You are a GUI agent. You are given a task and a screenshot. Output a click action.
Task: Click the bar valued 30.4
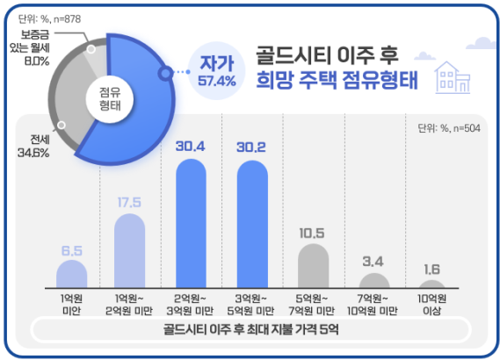click(x=191, y=223)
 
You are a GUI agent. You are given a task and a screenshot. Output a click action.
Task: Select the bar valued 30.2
click(x=252, y=223)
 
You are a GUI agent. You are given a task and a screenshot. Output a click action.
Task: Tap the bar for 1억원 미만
click(x=72, y=274)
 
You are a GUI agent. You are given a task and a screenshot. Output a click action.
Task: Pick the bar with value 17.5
click(x=131, y=250)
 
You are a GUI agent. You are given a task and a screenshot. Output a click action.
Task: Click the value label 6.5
click(x=72, y=251)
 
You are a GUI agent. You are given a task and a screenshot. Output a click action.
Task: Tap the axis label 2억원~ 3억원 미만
click(x=191, y=304)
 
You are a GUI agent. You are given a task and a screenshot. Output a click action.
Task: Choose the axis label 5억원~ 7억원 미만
click(x=312, y=304)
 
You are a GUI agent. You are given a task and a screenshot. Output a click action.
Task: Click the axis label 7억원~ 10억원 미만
click(x=372, y=304)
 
